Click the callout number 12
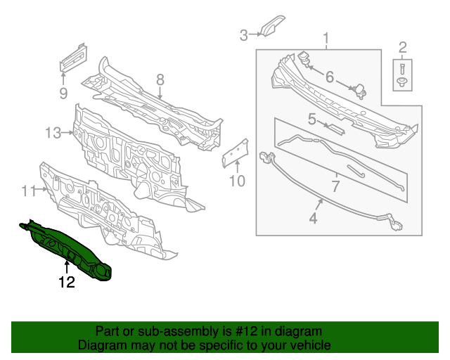coord(66,283)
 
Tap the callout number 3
coord(244,34)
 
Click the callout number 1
coord(326,37)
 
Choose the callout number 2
coord(403,48)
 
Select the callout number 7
coord(335,186)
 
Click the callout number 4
coord(312,218)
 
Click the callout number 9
coord(63,93)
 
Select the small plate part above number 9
coord(72,57)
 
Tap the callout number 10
coord(237,181)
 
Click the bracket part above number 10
coord(236,151)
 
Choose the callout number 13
coord(53,132)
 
